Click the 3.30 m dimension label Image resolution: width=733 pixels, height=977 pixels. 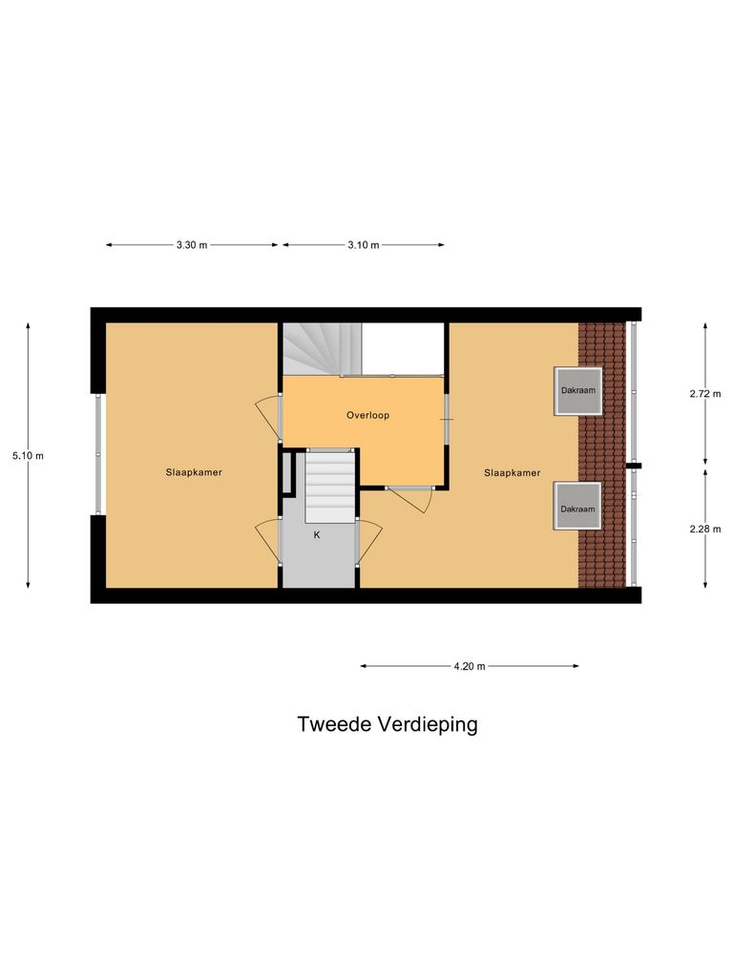(x=192, y=245)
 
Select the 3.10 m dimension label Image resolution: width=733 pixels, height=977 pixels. (x=363, y=245)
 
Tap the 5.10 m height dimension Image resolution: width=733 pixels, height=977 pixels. (x=28, y=456)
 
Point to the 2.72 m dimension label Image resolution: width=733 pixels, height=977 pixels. (x=705, y=393)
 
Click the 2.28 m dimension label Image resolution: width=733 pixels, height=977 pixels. (x=705, y=529)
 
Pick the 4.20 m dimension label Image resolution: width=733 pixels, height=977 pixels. (x=469, y=666)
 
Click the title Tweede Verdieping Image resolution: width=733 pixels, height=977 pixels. (x=387, y=724)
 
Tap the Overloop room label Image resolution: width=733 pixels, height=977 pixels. (x=367, y=416)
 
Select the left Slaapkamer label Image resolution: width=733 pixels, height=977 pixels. (x=194, y=472)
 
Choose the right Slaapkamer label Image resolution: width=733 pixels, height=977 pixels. (x=512, y=472)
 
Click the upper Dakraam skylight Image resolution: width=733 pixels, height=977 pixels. (x=578, y=391)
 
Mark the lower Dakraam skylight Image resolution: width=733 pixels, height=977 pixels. (x=578, y=508)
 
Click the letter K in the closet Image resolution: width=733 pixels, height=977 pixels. (x=317, y=535)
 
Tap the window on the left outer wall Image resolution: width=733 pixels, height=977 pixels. (x=97, y=454)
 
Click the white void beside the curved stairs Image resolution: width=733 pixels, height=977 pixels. (x=405, y=348)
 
